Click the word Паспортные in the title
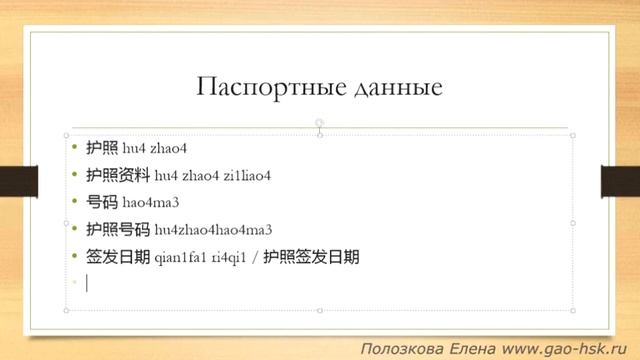(x=261, y=87)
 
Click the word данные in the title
(x=393, y=87)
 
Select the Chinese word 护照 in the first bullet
(x=102, y=148)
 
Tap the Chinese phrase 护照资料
(x=117, y=175)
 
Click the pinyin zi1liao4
(x=247, y=175)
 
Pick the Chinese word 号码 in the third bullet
(x=102, y=202)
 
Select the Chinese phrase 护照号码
(x=117, y=229)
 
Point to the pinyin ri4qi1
(x=229, y=257)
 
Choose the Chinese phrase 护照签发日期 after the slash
(x=312, y=257)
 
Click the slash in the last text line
(x=256, y=257)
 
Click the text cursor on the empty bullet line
(x=88, y=283)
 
